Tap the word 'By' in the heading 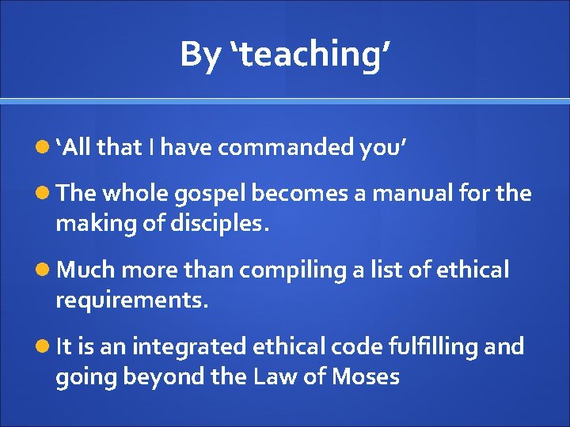(200, 55)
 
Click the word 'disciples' (218, 225)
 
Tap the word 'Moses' (365, 376)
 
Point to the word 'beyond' (169, 376)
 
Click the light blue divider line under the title (285, 101)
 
